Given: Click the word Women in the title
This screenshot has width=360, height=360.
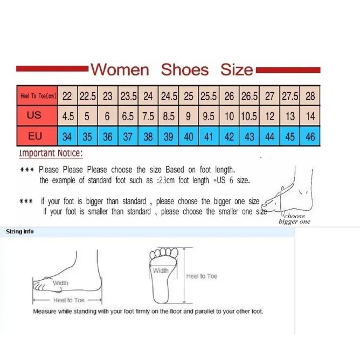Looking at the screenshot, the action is pyautogui.click(x=120, y=70).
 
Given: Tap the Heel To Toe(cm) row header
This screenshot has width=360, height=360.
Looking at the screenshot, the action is pyautogui.click(x=37, y=96).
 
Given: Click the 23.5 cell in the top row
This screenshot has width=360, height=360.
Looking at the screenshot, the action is pyautogui.click(x=128, y=96).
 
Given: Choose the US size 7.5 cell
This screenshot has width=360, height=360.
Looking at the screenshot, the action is pyautogui.click(x=148, y=116).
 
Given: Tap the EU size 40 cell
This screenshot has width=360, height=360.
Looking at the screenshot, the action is pyautogui.click(x=189, y=136).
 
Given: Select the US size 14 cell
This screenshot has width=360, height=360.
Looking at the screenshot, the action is pyautogui.click(x=310, y=116).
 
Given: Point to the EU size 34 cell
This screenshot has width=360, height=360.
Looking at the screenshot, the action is pyautogui.click(x=67, y=136).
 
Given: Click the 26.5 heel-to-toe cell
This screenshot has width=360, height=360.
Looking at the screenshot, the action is pyautogui.click(x=250, y=96).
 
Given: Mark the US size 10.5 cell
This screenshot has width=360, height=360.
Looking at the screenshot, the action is pyautogui.click(x=250, y=116).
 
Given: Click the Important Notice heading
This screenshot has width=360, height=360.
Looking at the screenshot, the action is pyautogui.click(x=51, y=153).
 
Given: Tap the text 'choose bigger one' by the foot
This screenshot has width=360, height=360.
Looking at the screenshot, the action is pyautogui.click(x=295, y=219).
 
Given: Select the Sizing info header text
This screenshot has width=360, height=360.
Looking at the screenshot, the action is pyautogui.click(x=20, y=231).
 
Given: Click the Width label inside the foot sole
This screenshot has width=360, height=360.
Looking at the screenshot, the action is pyautogui.click(x=161, y=271).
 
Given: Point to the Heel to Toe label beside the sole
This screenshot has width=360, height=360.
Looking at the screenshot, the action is pyautogui.click(x=202, y=276).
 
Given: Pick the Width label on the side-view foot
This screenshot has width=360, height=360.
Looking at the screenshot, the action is pyautogui.click(x=60, y=283).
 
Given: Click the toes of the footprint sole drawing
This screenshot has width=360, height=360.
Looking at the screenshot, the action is pyautogui.click(x=164, y=253).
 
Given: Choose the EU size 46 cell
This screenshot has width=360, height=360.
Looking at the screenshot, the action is pyautogui.click(x=310, y=136).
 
